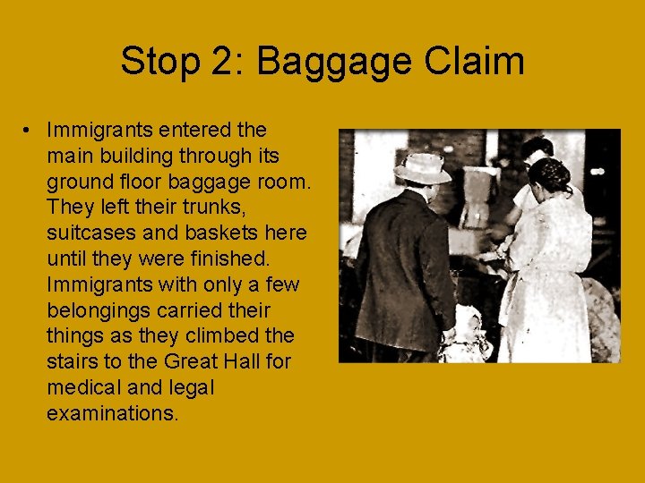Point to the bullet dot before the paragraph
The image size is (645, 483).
pyautogui.click(x=30, y=131)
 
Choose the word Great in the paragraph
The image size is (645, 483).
pyautogui.click(x=190, y=362)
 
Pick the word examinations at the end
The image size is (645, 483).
pyautogui.click(x=113, y=414)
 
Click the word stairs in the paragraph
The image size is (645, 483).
pyautogui.click(x=73, y=362)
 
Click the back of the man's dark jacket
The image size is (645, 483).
pyautogui.click(x=401, y=268)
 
